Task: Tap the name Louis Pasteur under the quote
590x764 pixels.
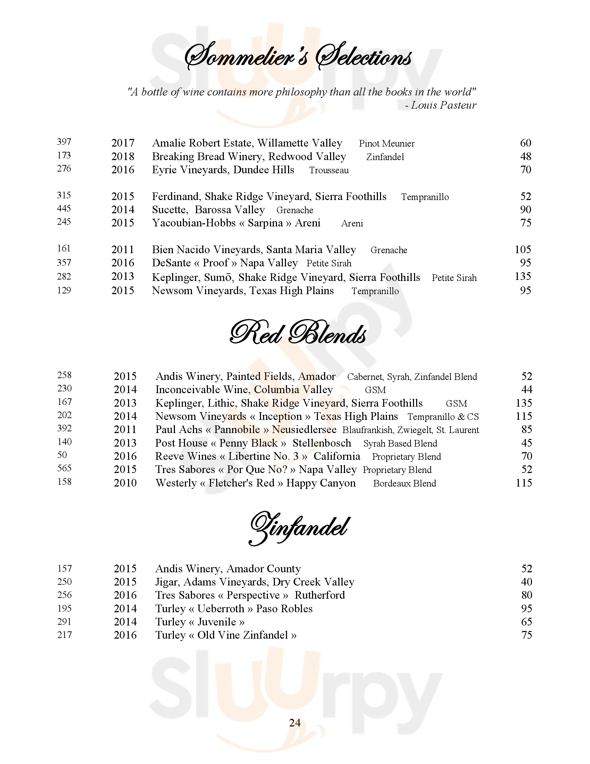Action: point(443,105)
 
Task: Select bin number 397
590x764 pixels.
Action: point(64,142)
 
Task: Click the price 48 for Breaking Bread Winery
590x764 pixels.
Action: point(525,156)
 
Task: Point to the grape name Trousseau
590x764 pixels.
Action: point(329,171)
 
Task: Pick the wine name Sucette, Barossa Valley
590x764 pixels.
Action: point(208,209)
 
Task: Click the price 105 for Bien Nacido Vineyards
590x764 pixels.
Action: point(523,249)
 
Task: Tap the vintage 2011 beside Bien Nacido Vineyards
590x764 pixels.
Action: point(123,249)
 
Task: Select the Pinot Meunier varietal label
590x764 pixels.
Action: point(387,143)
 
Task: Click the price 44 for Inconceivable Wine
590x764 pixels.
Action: point(526,389)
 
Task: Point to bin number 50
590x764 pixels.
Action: point(62,455)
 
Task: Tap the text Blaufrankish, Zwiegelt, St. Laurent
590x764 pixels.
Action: point(410,430)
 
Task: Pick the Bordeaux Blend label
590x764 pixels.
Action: point(404,483)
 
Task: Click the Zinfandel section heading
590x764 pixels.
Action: point(298,529)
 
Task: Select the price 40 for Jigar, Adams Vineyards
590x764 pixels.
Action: point(526,582)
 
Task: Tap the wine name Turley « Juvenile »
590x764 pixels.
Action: point(200,622)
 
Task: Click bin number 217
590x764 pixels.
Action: point(64,634)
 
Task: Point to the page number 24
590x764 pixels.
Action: point(295,723)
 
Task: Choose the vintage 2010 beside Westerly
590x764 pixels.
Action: point(125,483)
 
